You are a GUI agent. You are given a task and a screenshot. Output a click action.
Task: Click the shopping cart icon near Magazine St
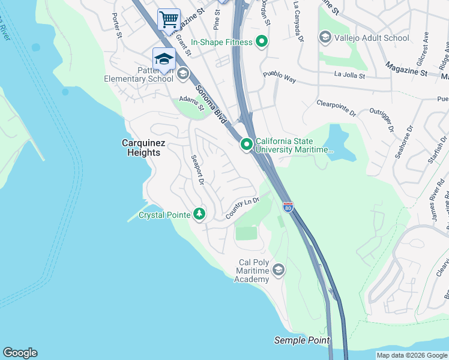(169, 19)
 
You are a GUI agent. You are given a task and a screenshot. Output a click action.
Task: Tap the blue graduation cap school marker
(164, 59)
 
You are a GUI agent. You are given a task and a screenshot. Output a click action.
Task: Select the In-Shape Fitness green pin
(262, 41)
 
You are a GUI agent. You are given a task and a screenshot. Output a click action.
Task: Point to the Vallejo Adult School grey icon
(325, 38)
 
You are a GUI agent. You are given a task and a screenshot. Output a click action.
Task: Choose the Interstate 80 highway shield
(288, 207)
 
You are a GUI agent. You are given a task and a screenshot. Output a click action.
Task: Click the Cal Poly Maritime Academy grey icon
(278, 270)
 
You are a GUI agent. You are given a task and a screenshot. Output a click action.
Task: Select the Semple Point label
(302, 340)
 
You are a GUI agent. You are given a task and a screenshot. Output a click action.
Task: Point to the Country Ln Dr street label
(242, 208)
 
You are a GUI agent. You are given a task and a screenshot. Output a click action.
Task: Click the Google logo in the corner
(20, 353)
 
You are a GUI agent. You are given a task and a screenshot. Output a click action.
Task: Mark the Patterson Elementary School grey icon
(183, 74)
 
